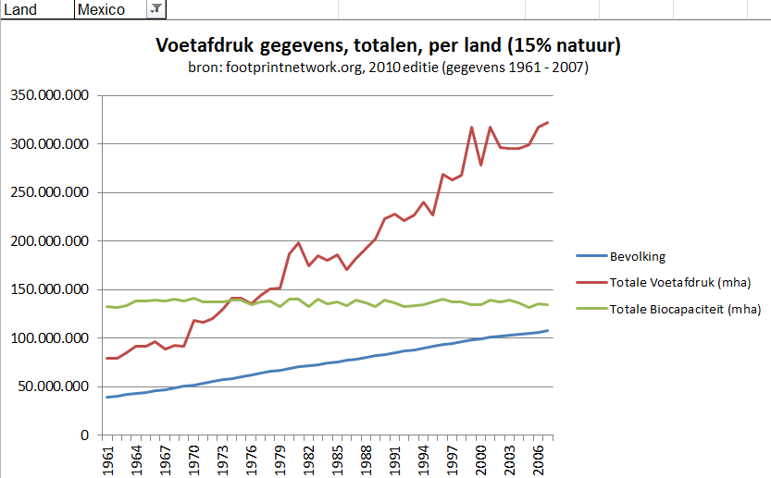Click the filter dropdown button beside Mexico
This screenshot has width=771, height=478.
(x=155, y=9)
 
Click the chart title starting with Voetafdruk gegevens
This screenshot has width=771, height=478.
(x=387, y=45)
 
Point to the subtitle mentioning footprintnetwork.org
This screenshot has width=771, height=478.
(x=387, y=67)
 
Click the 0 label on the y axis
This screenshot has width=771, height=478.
(x=83, y=435)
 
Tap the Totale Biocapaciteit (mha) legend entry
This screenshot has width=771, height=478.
(x=684, y=309)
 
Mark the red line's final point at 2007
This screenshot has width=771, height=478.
(x=549, y=122)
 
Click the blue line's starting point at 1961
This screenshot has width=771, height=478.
(x=108, y=397)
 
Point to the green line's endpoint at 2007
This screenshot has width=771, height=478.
(x=549, y=305)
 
